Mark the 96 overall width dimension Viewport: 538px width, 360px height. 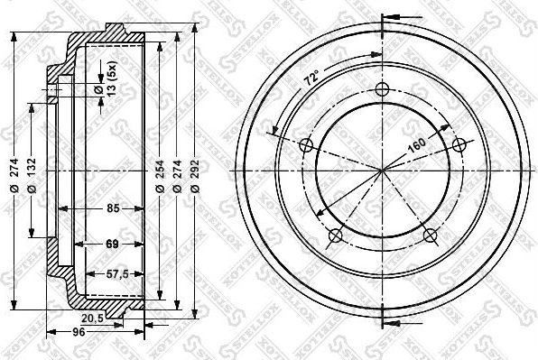[x=79, y=332]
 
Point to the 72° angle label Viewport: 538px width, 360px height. [x=312, y=80]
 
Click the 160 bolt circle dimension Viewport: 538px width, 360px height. [x=417, y=143]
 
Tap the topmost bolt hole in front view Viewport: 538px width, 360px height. [x=382, y=89]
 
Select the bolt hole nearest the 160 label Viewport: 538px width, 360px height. [x=458, y=144]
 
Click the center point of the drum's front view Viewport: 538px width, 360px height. [x=382, y=169]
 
